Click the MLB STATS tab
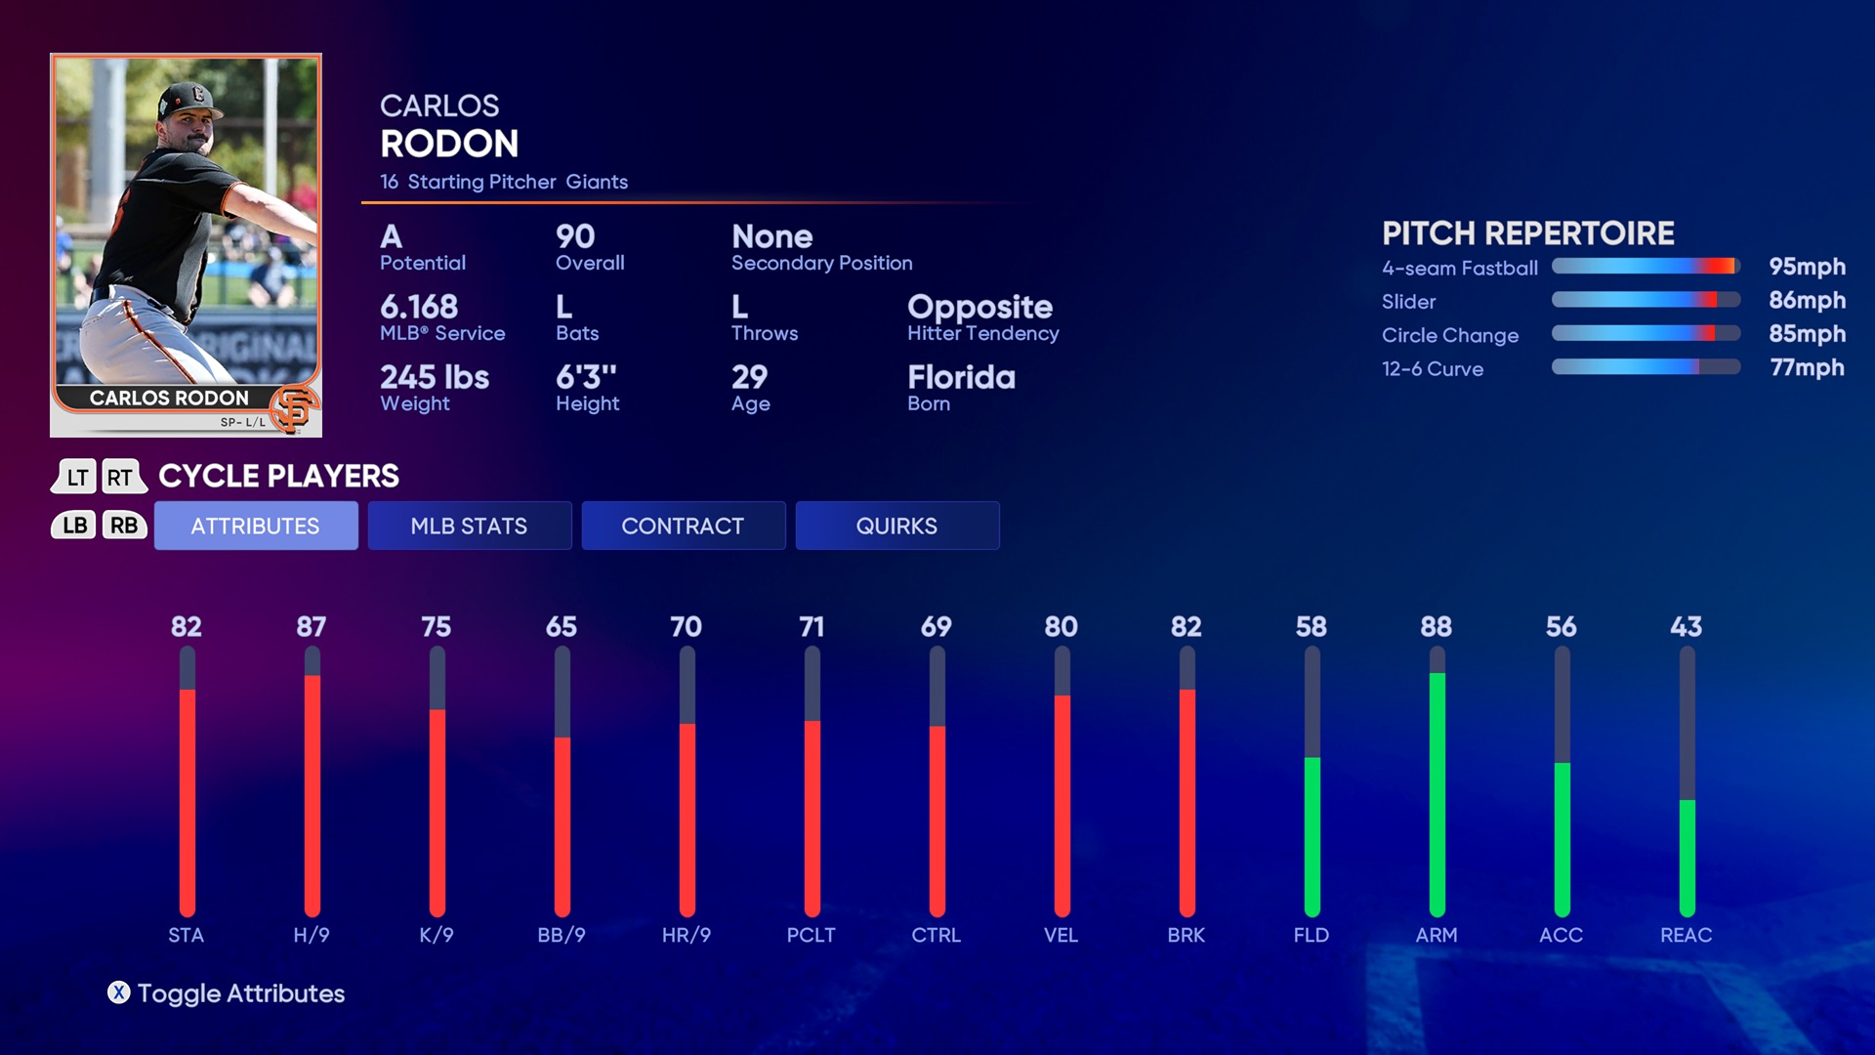pyautogui.click(x=469, y=526)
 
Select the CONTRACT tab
pyautogui.click(x=683, y=526)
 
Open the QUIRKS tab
pyautogui.click(x=896, y=526)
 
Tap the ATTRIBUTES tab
pyautogui.click(x=255, y=526)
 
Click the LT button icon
pyautogui.click(x=76, y=477)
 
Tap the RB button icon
pyautogui.click(x=124, y=526)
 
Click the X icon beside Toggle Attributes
pyautogui.click(x=118, y=992)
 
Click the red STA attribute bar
pyautogui.click(x=187, y=801)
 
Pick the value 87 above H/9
pyautogui.click(x=312, y=626)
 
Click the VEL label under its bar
pyautogui.click(x=1061, y=935)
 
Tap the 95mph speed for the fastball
pyautogui.click(x=1807, y=267)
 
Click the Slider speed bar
pyautogui.click(x=1646, y=300)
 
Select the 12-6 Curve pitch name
pyautogui.click(x=1432, y=369)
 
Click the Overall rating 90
pyautogui.click(x=575, y=236)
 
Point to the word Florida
pyautogui.click(x=961, y=377)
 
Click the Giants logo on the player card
pyautogui.click(x=294, y=408)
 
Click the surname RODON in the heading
pyautogui.click(x=449, y=144)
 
